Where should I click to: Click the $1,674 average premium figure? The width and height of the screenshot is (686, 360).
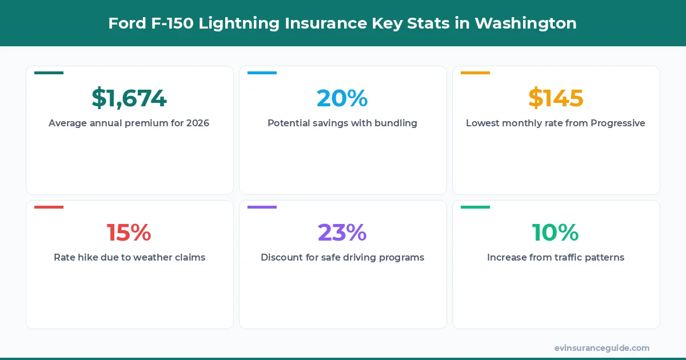pos(129,98)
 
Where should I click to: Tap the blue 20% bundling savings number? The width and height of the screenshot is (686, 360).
pos(342,98)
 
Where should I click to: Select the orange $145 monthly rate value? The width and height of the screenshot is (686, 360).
pos(556,98)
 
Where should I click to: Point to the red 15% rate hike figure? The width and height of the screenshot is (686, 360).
pos(129,233)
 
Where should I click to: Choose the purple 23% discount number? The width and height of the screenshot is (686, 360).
pos(342,233)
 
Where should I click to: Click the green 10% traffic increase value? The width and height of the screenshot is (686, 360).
pos(556,233)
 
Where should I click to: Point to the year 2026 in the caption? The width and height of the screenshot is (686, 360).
pos(198,123)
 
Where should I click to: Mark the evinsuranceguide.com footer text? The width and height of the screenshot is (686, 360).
pos(601,348)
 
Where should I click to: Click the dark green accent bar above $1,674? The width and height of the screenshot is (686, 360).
pos(49,73)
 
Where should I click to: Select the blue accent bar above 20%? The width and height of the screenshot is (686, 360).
pos(262,73)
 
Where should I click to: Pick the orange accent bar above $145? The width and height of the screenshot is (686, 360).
pos(475,73)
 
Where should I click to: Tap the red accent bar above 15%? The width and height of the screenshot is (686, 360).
pos(49,207)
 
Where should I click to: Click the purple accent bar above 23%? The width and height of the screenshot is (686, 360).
pos(262,207)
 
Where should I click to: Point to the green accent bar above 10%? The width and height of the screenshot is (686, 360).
pos(475,207)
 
